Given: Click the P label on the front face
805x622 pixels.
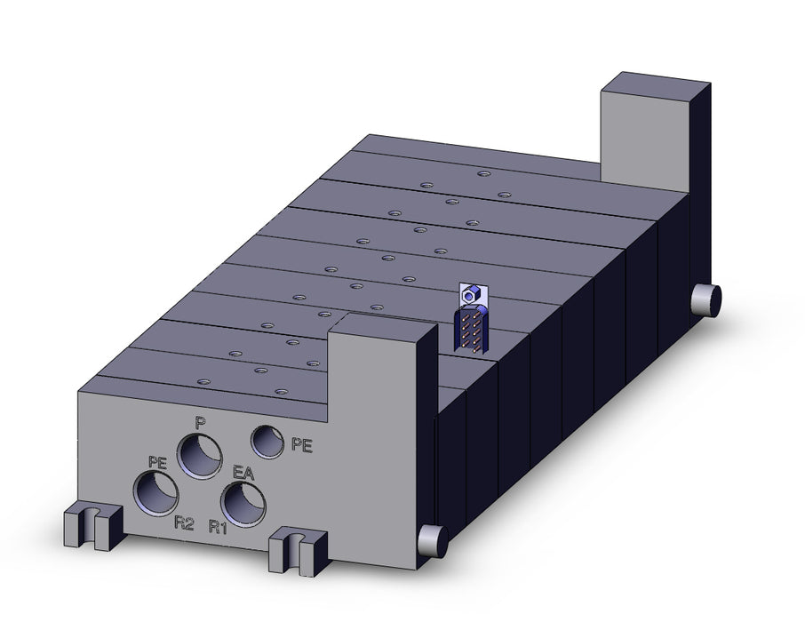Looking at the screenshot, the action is (201, 423).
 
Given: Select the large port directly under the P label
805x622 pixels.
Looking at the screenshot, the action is (199, 456).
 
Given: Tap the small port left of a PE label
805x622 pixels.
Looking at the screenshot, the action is (267, 442).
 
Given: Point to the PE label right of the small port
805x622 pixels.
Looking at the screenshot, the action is (302, 445).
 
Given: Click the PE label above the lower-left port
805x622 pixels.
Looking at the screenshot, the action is (157, 462).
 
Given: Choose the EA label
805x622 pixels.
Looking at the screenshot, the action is (243, 473).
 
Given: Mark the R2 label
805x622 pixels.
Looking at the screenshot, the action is (184, 523).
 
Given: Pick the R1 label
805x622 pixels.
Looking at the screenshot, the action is (218, 526).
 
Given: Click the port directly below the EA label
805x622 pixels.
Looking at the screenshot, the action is (243, 505).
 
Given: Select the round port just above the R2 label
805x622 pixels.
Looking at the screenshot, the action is (156, 493).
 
